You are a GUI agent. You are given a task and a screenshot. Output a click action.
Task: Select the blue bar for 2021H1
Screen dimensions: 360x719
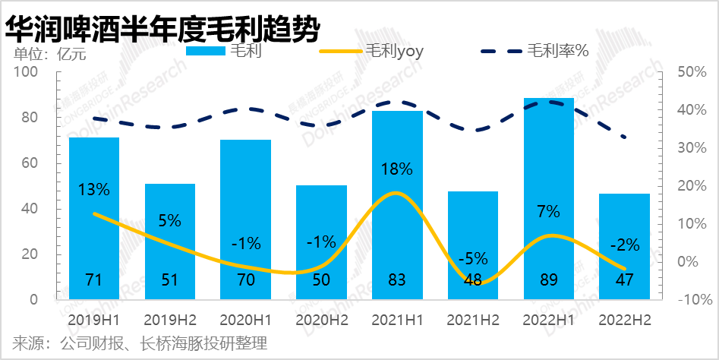coord(397,205)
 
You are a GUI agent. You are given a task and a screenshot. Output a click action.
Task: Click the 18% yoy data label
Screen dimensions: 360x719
coord(397,169)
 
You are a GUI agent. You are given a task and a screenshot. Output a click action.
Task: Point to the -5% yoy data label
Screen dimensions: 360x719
coord(472,258)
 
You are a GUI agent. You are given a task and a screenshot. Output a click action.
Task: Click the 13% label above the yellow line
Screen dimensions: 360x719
coord(94,189)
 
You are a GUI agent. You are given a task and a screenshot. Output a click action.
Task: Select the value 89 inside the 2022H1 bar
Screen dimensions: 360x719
coord(548,279)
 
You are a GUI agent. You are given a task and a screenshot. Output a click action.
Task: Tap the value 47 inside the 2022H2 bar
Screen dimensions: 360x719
coord(624,279)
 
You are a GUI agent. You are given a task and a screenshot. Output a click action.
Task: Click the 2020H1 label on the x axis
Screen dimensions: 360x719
coord(244,319)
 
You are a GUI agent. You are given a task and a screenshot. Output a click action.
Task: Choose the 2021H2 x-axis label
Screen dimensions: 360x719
coord(472,319)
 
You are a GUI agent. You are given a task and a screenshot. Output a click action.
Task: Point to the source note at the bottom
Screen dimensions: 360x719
coord(140,343)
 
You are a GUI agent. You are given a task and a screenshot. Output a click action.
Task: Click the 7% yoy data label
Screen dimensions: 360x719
coord(548,212)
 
